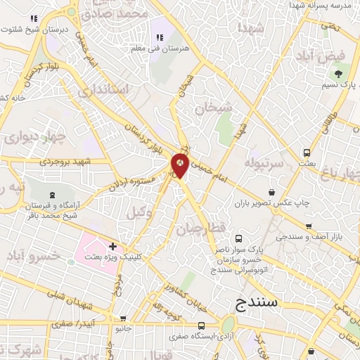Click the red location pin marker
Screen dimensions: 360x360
pos(180,165)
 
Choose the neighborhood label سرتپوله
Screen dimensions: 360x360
pos(264,162)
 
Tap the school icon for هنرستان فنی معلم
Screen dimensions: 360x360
pos(158,37)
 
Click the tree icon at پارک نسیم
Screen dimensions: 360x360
pos(339,72)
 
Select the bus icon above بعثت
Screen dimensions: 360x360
pos(307,152)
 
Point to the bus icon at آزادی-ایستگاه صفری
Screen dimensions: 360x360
pos(202,326)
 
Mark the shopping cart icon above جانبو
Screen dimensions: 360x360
pos(124,318)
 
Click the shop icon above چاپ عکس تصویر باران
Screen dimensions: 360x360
pos(272,192)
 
